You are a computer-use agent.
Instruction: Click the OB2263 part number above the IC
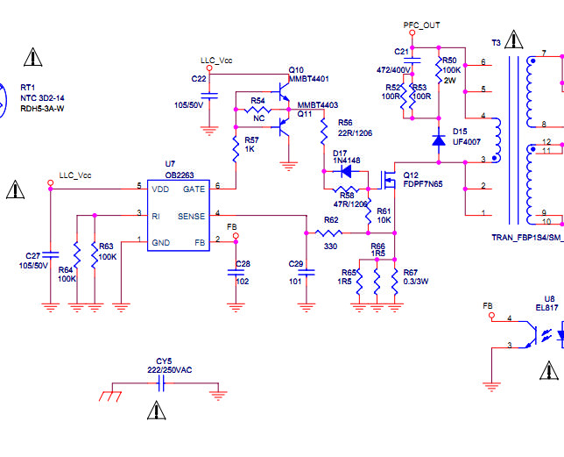coord(180,175)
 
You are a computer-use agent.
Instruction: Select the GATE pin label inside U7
coord(194,189)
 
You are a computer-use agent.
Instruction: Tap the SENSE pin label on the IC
coord(191,216)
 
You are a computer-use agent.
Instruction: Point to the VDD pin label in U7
coord(160,189)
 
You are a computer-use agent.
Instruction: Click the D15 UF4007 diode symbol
coord(439,140)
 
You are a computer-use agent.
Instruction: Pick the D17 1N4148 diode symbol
coord(346,171)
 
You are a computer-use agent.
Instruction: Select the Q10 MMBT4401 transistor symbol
coord(284,92)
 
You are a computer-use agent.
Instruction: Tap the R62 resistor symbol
coord(328,233)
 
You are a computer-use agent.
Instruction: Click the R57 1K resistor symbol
coord(236,149)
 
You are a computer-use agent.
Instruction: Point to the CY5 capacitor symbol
coord(161,383)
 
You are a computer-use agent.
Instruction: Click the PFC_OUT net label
coord(421,25)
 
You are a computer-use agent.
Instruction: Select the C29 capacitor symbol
coord(307,273)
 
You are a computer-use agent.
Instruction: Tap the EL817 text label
coord(547,308)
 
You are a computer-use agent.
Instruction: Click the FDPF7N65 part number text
coord(423,184)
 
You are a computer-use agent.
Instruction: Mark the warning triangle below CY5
coord(157,411)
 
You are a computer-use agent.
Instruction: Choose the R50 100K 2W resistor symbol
coord(439,70)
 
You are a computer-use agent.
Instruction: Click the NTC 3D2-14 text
coord(42,98)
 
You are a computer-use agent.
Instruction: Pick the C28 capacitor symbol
coord(236,273)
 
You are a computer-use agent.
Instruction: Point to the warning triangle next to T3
coord(514,39)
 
